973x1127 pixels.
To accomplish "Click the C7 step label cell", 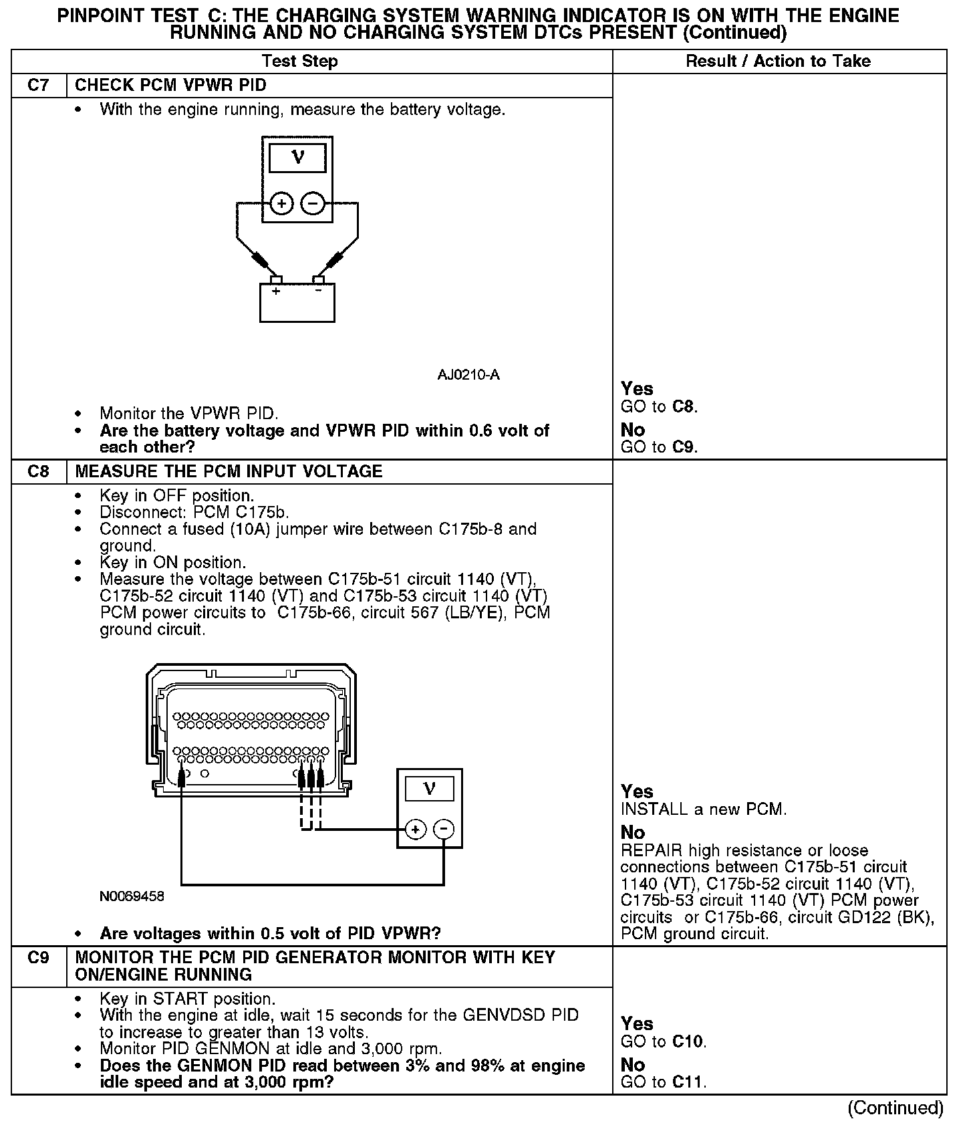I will [x=39, y=86].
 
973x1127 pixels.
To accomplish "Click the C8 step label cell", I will [x=39, y=472].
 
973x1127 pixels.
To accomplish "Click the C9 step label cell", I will [x=39, y=959].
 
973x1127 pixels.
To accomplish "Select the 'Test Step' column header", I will [x=300, y=61].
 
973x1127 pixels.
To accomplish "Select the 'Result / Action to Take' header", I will [x=779, y=61].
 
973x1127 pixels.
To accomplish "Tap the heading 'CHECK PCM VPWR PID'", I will [x=170, y=86].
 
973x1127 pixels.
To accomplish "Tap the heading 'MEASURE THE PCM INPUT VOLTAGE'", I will [x=229, y=472].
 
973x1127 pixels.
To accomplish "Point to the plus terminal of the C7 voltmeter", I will [x=282, y=203].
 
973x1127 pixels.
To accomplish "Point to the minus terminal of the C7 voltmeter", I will [x=313, y=203].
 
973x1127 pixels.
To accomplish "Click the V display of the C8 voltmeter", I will [x=430, y=789].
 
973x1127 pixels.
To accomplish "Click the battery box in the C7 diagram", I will [x=297, y=303].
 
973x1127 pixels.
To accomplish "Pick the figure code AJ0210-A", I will [x=468, y=375].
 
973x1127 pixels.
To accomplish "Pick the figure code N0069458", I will [x=132, y=896].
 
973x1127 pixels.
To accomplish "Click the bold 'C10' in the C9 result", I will [x=688, y=1041].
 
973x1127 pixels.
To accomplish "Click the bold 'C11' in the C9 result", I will [x=688, y=1082].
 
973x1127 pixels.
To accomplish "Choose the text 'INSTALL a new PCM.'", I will [x=704, y=809].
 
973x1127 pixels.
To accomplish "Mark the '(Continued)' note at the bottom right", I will [x=895, y=1108].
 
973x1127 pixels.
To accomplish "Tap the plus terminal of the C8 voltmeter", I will [x=416, y=830].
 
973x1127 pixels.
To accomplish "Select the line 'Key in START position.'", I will [x=187, y=999].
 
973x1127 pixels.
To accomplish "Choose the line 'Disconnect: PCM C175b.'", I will [x=194, y=513].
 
